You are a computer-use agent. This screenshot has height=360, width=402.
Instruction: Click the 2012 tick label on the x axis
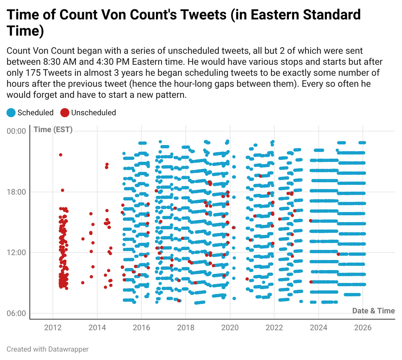coord(53,328)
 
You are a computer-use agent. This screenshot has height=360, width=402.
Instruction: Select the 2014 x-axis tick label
coord(97,328)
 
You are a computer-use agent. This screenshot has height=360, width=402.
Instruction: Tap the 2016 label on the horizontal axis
coord(141,328)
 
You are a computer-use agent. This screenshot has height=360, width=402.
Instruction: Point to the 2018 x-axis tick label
coord(185,328)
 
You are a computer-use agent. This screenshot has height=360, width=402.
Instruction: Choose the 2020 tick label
coord(230,328)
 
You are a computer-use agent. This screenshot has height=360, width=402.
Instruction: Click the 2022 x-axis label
coord(274,328)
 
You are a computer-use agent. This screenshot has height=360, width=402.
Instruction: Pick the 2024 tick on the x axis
coord(318,328)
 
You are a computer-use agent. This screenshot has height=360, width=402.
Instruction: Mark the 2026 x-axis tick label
coord(363,328)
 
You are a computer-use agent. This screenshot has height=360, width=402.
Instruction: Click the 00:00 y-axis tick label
coord(16,131)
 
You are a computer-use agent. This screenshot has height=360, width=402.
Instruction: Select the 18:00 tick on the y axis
coord(16,192)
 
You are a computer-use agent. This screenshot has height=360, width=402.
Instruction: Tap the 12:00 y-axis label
coord(16,253)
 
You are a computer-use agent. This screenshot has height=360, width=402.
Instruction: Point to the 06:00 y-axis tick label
coord(16,313)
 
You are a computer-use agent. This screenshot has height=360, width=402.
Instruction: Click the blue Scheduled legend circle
coord(11,113)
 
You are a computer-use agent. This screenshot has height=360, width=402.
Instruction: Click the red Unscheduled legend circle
coord(65,113)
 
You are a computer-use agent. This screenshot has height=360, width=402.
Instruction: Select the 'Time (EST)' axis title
coord(53,130)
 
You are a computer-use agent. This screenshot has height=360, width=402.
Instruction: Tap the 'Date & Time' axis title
coord(373,311)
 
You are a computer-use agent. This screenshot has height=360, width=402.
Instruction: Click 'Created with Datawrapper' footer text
coord(48,349)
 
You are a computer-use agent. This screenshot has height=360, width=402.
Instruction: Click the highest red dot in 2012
coord(60,155)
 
